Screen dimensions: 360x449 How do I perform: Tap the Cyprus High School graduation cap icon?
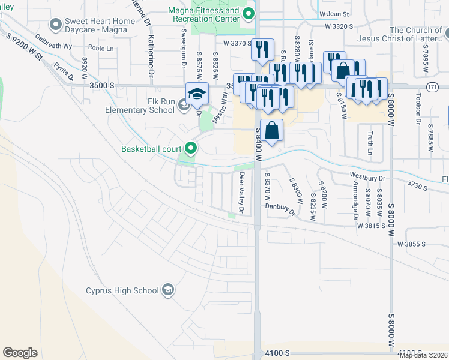pos(169,290)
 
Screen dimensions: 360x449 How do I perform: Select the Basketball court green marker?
pos(191,148)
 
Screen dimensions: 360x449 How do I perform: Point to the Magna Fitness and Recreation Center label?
pos(206,14)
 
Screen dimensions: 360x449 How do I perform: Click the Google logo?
pos(20,352)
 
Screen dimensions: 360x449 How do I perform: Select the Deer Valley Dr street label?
pos(243,193)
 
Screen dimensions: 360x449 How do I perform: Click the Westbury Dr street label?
pos(367,178)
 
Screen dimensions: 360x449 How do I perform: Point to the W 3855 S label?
pos(411,244)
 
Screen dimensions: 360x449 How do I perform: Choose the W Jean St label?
pos(334,13)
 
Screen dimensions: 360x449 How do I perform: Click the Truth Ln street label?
pos(370,142)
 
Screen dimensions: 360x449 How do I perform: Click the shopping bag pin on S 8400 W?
pos(272,130)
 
